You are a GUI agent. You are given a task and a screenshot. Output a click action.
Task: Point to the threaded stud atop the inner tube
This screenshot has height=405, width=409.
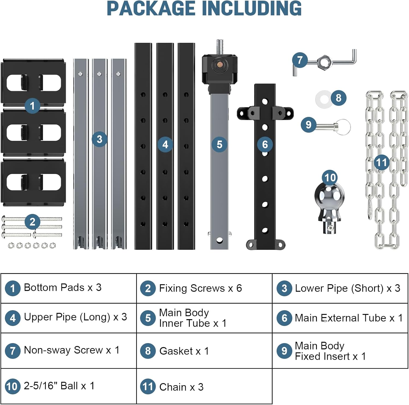220,47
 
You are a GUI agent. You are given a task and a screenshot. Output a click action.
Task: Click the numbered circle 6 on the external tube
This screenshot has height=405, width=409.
265,144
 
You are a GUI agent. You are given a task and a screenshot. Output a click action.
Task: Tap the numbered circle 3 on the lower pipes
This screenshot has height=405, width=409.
99,139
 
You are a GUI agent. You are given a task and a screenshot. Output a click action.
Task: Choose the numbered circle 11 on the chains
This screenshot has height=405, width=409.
381,163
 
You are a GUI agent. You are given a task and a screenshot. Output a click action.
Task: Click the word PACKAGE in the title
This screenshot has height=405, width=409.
151,9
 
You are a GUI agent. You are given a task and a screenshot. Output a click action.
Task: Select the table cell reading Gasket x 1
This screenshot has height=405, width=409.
204,351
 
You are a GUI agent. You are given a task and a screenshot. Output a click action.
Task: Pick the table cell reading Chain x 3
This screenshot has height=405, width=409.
204,386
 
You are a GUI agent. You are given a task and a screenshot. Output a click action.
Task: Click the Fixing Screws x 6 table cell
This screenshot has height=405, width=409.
204,288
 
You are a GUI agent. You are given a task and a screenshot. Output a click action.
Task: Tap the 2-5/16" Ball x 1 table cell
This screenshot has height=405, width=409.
68,386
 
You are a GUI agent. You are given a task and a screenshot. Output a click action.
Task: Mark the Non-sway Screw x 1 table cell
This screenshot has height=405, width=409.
68,350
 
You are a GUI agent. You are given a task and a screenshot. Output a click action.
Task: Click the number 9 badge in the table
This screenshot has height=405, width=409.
284,351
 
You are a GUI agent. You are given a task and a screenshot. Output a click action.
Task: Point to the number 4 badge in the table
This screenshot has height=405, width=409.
13,318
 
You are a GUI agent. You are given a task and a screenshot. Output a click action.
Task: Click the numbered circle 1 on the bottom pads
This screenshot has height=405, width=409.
32,106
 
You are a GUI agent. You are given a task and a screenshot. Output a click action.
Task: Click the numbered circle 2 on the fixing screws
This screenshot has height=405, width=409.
32,222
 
